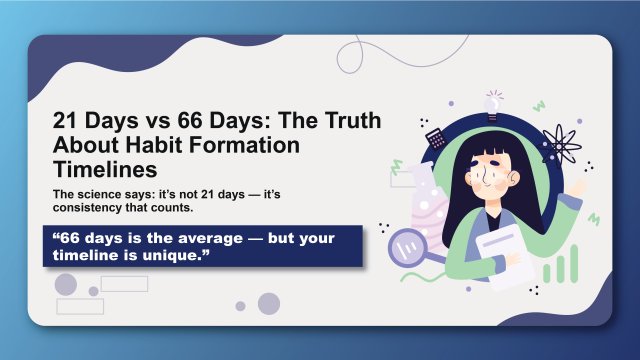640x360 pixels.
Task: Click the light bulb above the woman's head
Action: pos(492,102)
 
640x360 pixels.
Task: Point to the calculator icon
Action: pos(435,139)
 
